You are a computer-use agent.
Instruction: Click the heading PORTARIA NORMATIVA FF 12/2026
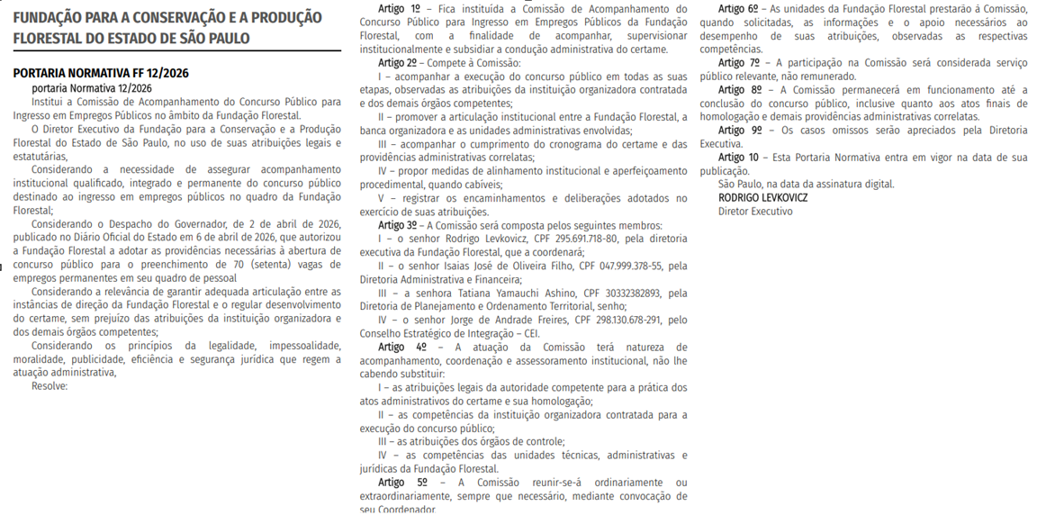[x=101, y=73]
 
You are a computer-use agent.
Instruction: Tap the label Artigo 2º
[x=398, y=62]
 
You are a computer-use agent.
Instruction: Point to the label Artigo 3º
[x=398, y=224]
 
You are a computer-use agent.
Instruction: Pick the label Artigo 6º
[x=738, y=8]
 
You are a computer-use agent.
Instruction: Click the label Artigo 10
[x=738, y=157]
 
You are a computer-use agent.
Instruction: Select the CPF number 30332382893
[x=621, y=292]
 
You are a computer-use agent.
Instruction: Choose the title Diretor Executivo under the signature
[x=755, y=211]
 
